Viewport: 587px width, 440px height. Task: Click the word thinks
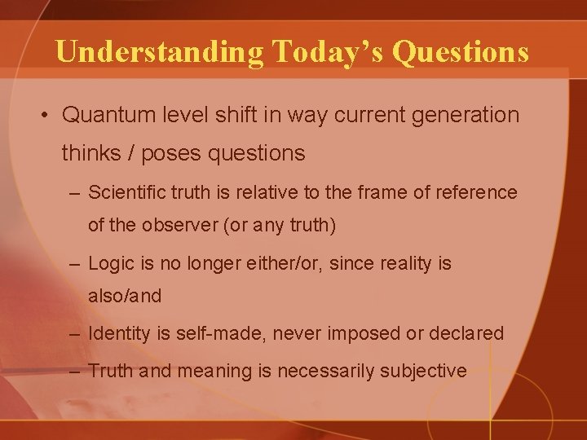click(90, 153)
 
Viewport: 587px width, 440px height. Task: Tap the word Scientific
click(125, 192)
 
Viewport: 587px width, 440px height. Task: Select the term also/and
click(125, 297)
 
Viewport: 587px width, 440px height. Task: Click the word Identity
click(117, 333)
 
